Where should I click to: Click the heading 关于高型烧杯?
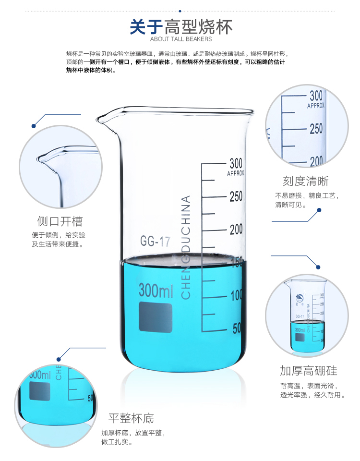click(x=181, y=27)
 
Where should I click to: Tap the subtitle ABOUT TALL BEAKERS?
click(x=181, y=39)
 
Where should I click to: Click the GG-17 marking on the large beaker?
click(x=155, y=241)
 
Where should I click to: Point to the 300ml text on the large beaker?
click(x=156, y=290)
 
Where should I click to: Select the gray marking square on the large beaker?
click(x=156, y=317)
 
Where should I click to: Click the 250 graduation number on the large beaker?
click(x=236, y=196)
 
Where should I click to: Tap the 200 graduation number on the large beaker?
click(x=236, y=230)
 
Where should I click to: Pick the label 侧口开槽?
click(x=60, y=221)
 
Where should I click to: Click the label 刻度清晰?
click(x=306, y=181)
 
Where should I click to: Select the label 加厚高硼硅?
click(x=308, y=371)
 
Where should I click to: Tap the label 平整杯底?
click(x=131, y=418)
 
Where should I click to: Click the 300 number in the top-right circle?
click(x=316, y=96)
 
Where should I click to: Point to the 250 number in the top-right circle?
click(x=316, y=129)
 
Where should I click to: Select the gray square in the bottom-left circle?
click(x=40, y=391)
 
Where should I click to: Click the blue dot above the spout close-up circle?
click(x=34, y=126)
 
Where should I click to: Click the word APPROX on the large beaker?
click(x=235, y=173)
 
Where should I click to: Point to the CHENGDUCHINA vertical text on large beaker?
click(x=186, y=247)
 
